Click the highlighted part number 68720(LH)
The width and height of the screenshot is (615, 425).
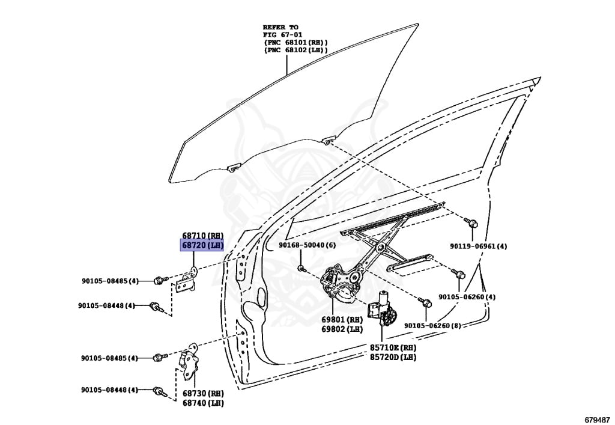coord(202,245)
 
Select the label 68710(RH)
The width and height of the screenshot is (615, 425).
coord(202,236)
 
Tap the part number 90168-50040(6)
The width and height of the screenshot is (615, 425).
coord(307,245)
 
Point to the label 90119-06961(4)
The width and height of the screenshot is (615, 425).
coord(479,246)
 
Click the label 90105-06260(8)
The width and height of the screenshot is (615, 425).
coord(432,325)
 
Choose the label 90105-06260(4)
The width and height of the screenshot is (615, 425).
coord(467,297)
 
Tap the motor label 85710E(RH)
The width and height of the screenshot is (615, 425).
coord(393,348)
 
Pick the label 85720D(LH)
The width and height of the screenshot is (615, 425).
coord(393,357)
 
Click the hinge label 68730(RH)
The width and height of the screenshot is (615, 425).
coord(202,393)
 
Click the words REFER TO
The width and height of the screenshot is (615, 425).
coord(280,28)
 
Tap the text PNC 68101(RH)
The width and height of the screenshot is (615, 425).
coord(296,43)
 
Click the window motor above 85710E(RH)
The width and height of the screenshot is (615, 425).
coord(382,308)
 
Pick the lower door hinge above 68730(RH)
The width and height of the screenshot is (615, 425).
coord(191,363)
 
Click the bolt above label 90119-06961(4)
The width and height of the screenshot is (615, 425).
coord(472,224)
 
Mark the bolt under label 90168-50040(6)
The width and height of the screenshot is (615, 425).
coord(302,268)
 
